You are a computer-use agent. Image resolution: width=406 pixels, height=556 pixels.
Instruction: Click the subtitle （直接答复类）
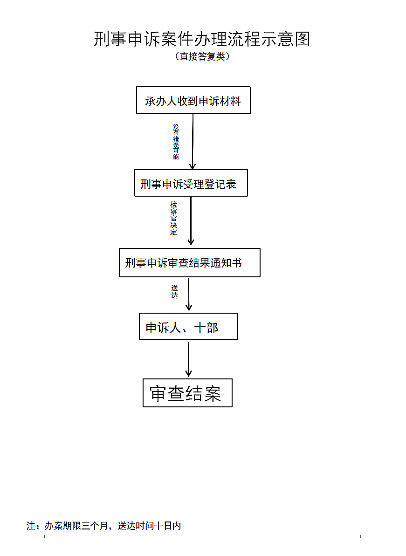[x=202, y=56]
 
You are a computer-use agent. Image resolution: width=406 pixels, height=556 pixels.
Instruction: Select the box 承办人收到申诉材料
[x=193, y=100]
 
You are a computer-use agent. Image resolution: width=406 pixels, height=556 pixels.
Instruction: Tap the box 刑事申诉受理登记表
[x=191, y=183]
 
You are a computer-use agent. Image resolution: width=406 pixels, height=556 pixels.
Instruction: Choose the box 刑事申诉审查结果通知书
[x=190, y=263]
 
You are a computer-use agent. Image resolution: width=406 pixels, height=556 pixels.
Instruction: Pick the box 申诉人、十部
[x=189, y=326]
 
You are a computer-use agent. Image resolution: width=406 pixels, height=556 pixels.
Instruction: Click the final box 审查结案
[x=187, y=393]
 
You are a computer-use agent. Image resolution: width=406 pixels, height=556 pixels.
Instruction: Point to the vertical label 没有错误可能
[x=176, y=142]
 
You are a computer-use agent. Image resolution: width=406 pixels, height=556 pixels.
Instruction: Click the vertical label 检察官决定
[x=174, y=218]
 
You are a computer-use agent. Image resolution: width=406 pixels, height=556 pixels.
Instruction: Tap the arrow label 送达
[x=174, y=292]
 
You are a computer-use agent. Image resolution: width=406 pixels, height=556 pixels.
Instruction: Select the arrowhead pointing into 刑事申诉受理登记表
[x=193, y=166]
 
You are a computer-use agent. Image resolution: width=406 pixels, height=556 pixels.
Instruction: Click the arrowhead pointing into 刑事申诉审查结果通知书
[x=191, y=242]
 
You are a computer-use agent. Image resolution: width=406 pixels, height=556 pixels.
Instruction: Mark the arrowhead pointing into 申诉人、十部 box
[x=189, y=308]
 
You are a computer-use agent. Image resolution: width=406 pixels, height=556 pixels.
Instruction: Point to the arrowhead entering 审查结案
[x=189, y=373]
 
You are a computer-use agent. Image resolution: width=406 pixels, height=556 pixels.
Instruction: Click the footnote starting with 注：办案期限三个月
[x=103, y=526]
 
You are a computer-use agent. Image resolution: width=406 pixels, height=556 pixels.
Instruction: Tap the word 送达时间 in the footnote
[x=136, y=526]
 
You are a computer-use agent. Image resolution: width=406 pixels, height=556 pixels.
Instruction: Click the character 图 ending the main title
[x=303, y=39]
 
